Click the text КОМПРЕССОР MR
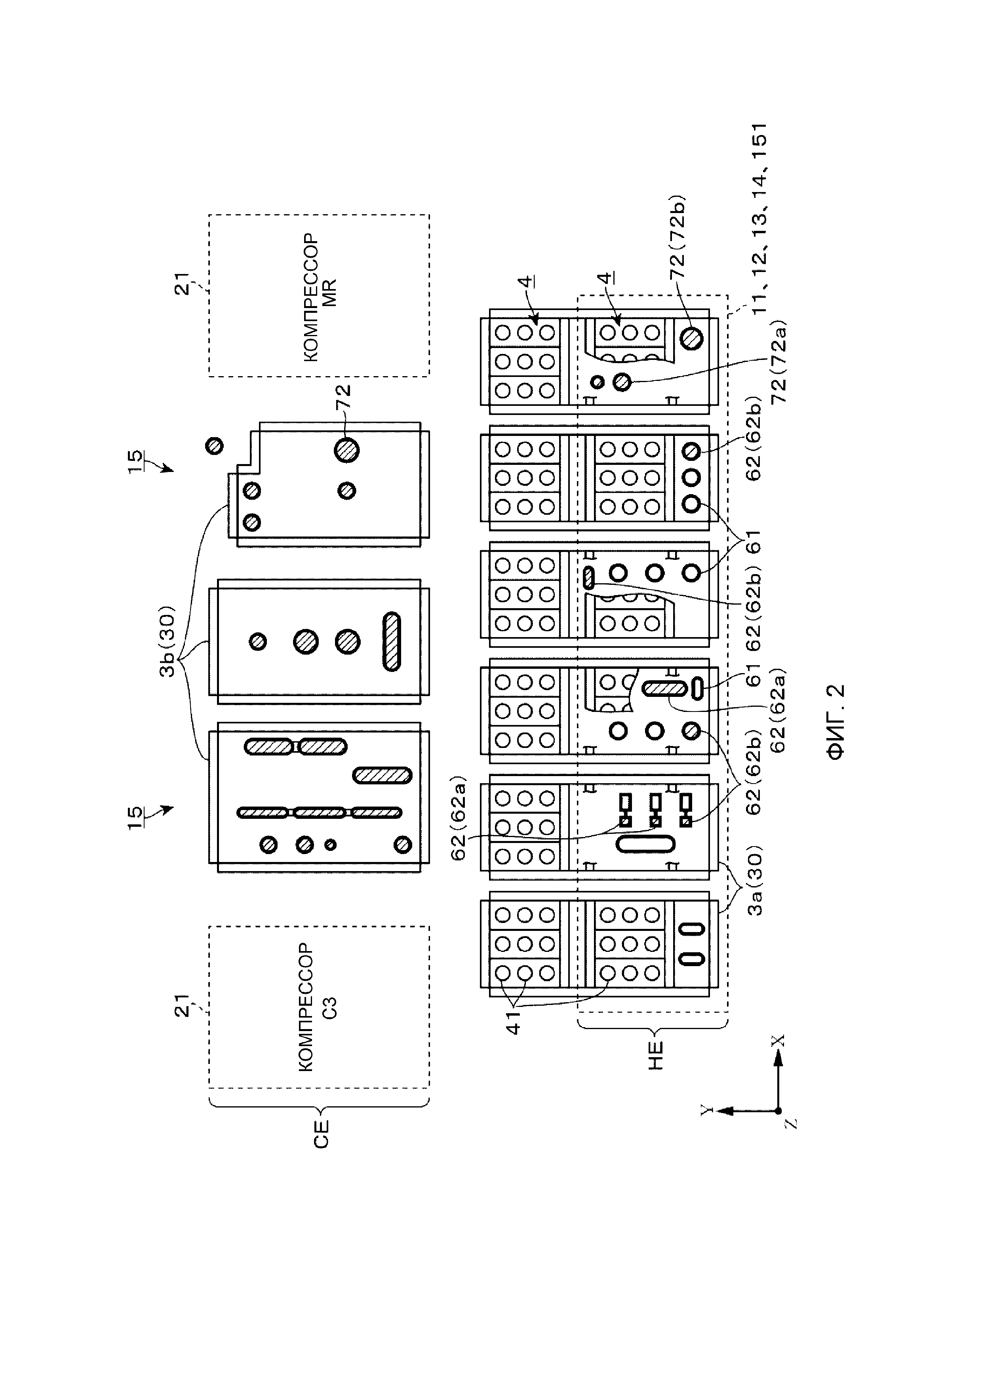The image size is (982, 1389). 320,297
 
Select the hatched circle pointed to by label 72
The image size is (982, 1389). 347,449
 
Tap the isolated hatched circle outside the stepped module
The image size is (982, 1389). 214,446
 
